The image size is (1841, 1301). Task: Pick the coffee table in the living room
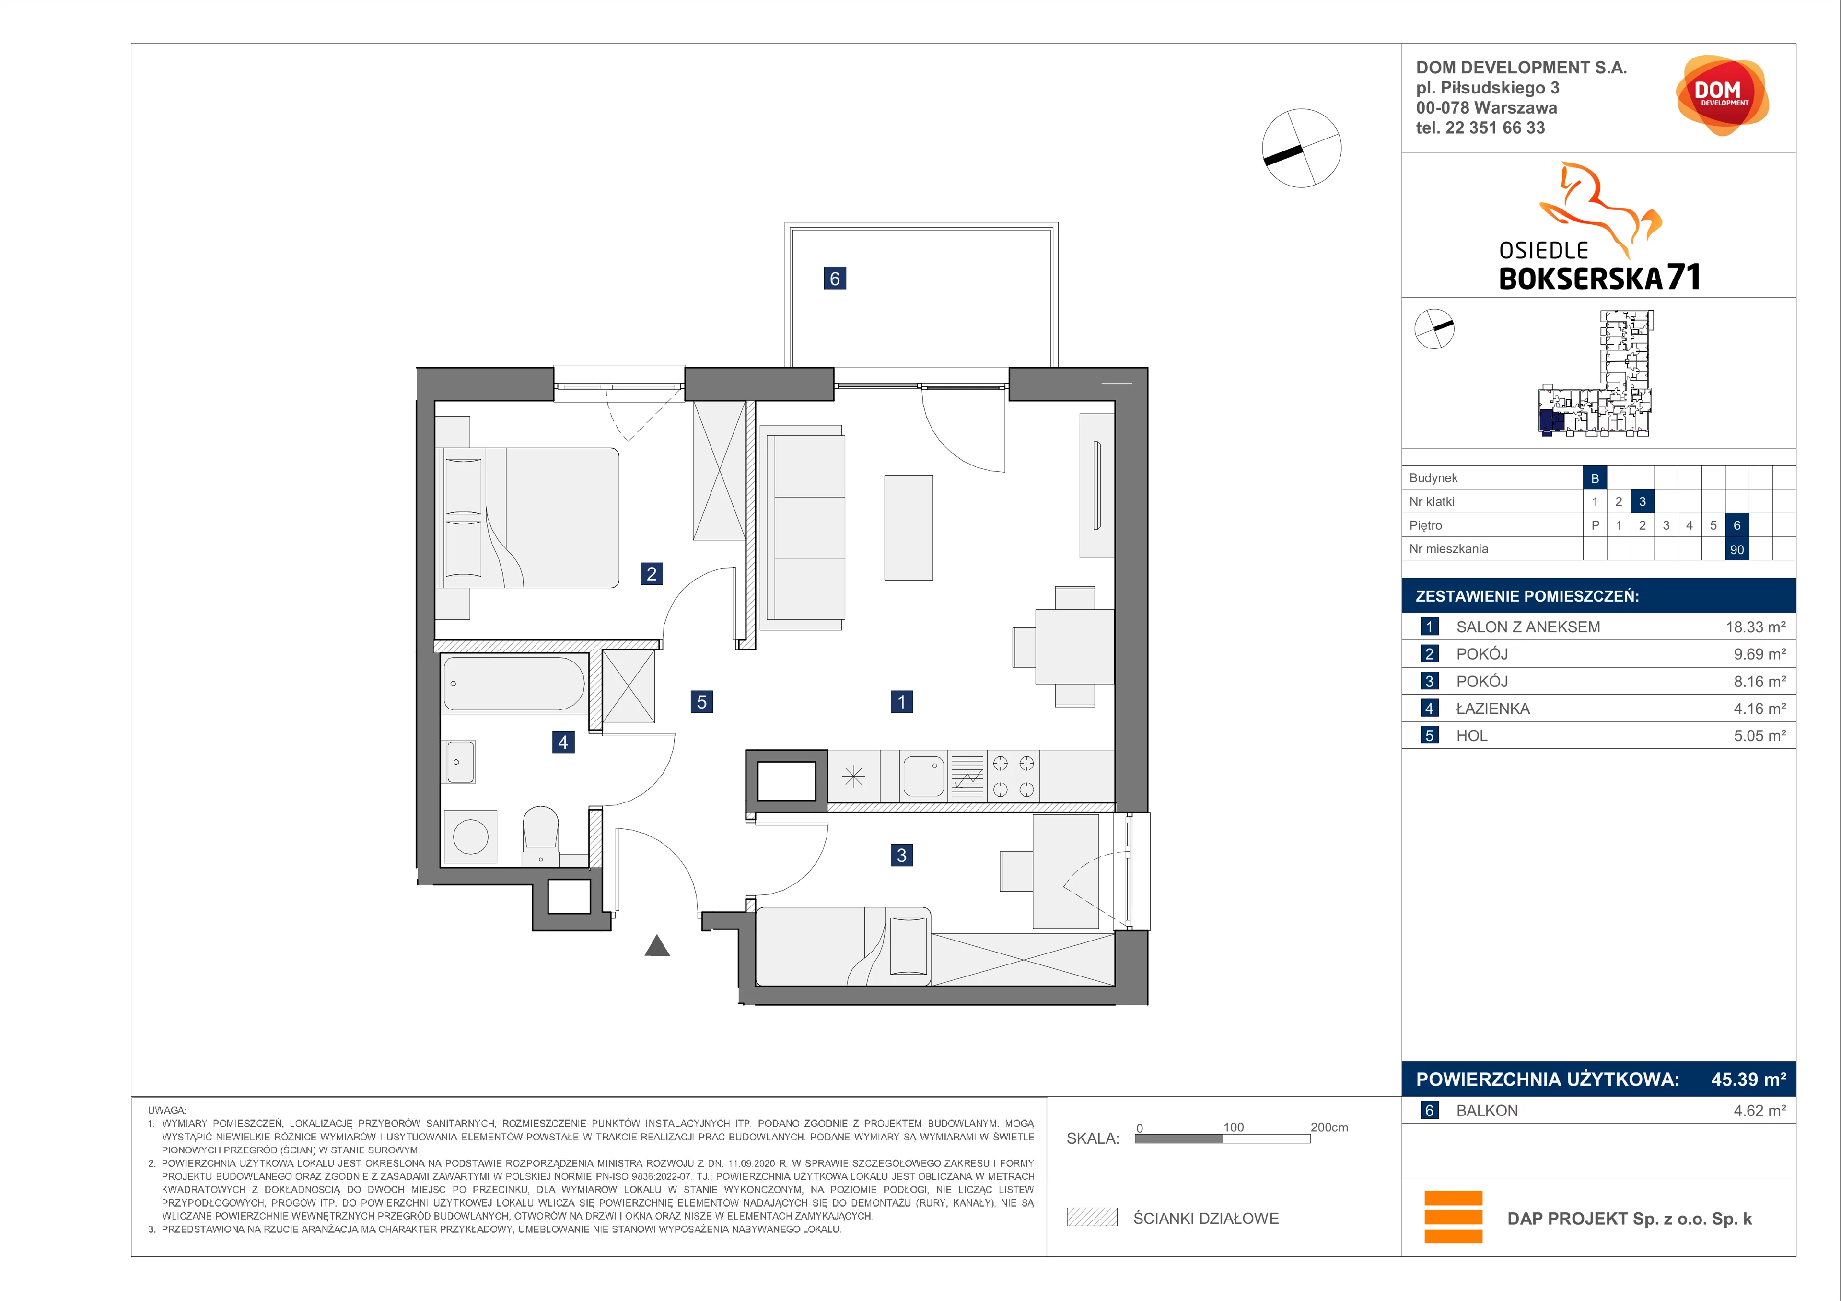pos(909,527)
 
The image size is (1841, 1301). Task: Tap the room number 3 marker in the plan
pos(901,855)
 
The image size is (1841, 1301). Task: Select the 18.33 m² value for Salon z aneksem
pos(1755,627)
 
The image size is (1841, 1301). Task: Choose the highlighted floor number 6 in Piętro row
pos(1737,525)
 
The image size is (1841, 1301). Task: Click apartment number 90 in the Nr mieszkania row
pos(1737,549)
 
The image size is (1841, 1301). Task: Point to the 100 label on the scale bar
pos(1233,1127)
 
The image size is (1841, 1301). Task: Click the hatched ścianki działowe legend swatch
pos(1091,1218)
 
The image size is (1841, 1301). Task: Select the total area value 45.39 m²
pos(1748,1079)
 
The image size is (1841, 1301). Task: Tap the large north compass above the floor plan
pos(1301,148)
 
